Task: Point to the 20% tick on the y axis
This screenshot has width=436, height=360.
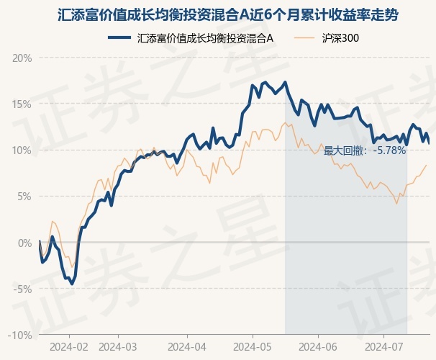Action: [23, 58]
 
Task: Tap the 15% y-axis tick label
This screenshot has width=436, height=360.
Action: [23, 104]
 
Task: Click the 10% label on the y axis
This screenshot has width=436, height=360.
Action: [23, 150]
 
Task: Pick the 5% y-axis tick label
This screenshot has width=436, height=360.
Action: [25, 196]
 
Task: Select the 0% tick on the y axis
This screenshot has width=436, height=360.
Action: [25, 243]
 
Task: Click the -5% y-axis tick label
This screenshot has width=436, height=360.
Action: [24, 289]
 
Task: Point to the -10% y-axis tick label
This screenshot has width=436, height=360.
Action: [22, 335]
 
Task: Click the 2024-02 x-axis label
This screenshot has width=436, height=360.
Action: [69, 346]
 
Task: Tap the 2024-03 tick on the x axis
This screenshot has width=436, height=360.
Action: [118, 346]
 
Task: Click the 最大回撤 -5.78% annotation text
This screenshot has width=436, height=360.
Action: [365, 150]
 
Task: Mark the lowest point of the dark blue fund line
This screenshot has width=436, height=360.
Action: [71, 284]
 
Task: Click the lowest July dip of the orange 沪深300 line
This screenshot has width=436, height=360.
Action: [396, 204]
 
